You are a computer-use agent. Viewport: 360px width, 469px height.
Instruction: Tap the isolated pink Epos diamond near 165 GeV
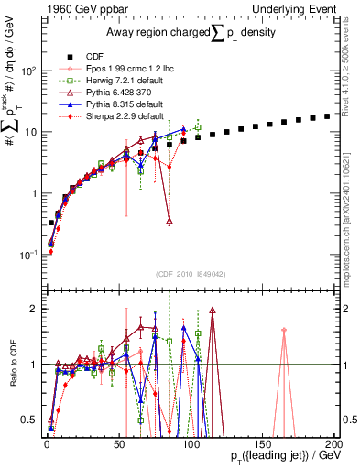(x=284, y=330)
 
